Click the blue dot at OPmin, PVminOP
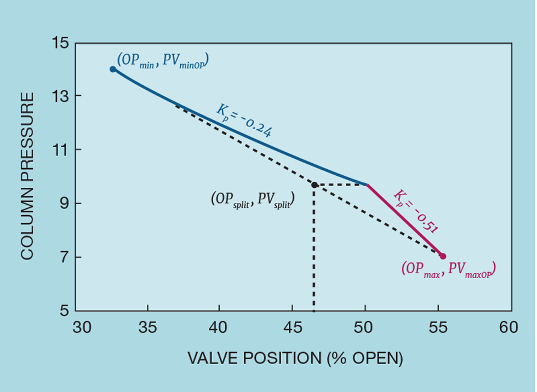pos(112,69)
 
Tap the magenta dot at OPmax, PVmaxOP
pos(443,256)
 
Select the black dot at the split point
pos(314,185)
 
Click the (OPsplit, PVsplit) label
pos(253,199)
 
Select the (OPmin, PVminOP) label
pos(163,60)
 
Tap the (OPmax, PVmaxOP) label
pos(449,269)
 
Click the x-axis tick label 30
pos(82,327)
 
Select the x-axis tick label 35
pos(148,327)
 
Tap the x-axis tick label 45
pos(293,327)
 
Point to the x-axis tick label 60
pos(509,327)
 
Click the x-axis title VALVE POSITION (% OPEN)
pos(296,359)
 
